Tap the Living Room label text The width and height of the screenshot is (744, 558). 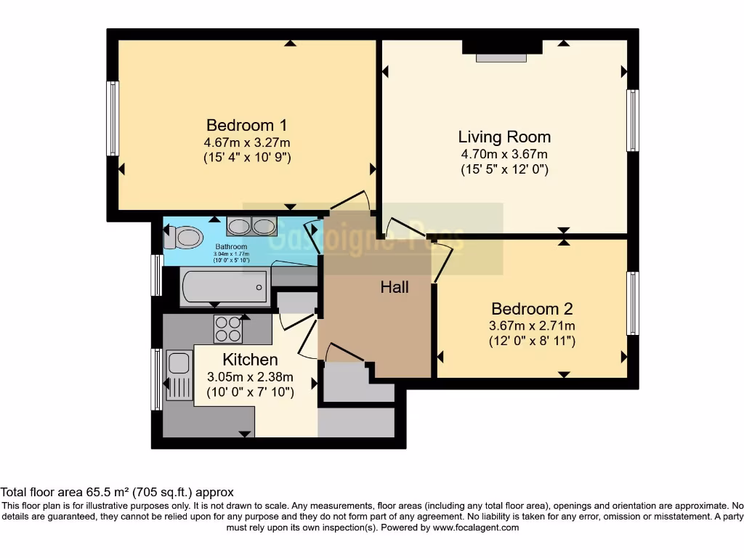[504, 137]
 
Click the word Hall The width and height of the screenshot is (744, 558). [395, 287]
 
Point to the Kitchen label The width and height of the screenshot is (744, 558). [250, 359]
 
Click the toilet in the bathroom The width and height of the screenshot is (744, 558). [185, 237]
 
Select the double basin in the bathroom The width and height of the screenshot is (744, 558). [251, 226]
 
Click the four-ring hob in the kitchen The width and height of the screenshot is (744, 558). [227, 328]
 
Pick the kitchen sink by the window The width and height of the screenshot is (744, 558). [177, 375]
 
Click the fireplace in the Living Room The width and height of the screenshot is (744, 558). [502, 50]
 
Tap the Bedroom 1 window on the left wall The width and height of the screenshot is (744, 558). [113, 118]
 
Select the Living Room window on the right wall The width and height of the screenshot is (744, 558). [633, 121]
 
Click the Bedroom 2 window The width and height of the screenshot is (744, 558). [633, 303]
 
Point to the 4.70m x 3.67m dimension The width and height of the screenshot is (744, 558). [504, 154]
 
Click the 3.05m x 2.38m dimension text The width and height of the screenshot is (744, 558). [250, 376]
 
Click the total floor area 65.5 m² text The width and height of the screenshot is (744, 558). [117, 492]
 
